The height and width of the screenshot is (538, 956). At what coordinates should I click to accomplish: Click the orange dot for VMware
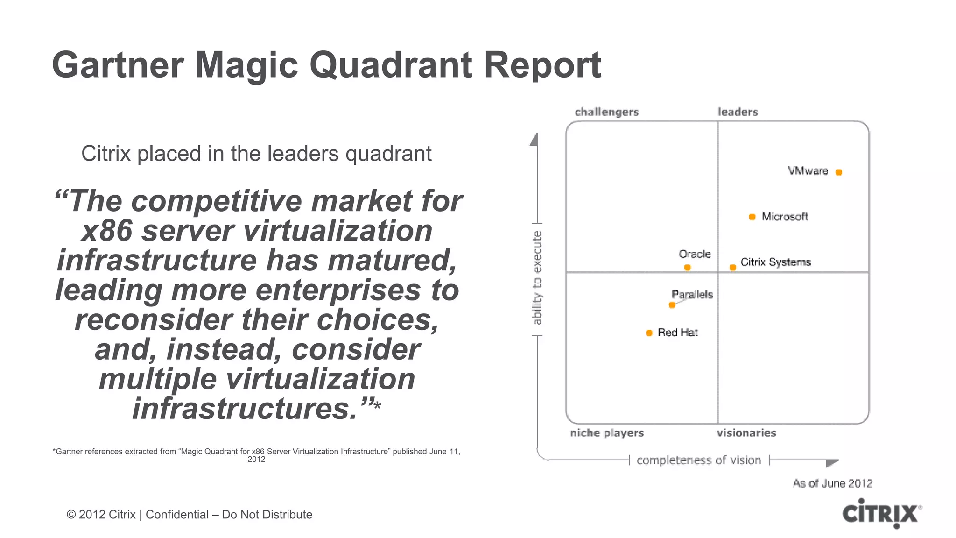pyautogui.click(x=838, y=172)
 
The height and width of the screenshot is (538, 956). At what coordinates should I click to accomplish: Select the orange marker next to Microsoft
pyautogui.click(x=752, y=217)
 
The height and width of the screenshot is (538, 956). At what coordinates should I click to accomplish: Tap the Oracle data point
pyautogui.click(x=687, y=268)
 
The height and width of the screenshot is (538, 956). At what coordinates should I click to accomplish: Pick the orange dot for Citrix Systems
pyautogui.click(x=733, y=268)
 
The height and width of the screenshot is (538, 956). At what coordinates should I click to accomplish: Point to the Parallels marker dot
pyautogui.click(x=672, y=305)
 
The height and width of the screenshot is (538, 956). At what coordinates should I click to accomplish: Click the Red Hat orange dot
pyautogui.click(x=649, y=333)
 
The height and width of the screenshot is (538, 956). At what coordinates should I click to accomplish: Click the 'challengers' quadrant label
pyautogui.click(x=606, y=112)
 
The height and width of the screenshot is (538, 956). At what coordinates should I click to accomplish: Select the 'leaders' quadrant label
pyautogui.click(x=738, y=112)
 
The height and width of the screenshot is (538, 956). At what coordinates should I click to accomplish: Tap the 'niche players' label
pyautogui.click(x=607, y=433)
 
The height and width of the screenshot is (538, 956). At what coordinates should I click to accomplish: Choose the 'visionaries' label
pyautogui.click(x=746, y=433)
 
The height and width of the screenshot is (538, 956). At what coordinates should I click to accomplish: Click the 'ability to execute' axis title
pyautogui.click(x=537, y=278)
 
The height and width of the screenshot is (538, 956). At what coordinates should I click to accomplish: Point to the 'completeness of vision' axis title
pyautogui.click(x=699, y=460)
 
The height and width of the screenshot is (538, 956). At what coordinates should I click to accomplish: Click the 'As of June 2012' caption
pyautogui.click(x=832, y=483)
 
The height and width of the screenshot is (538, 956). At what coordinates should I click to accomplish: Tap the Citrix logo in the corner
pyautogui.click(x=881, y=513)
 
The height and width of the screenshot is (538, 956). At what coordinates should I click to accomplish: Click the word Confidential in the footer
pyautogui.click(x=177, y=515)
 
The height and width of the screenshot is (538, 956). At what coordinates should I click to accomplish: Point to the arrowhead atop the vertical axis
pyautogui.click(x=534, y=140)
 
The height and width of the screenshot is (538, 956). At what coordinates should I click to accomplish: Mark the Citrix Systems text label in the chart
pyautogui.click(x=775, y=262)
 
